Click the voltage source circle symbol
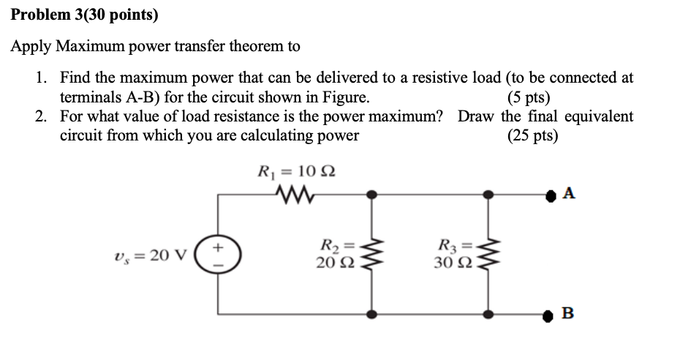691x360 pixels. pos(217,255)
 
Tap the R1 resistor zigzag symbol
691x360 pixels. pos(297,195)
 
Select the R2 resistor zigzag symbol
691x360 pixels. pos(372,255)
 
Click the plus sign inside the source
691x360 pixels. pos(217,248)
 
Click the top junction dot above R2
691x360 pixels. pos(372,195)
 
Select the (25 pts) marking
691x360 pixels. pos(532,135)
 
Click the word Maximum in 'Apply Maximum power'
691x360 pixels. pos(93,47)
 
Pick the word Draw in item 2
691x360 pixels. pos(477,116)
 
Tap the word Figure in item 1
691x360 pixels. pos(347,97)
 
